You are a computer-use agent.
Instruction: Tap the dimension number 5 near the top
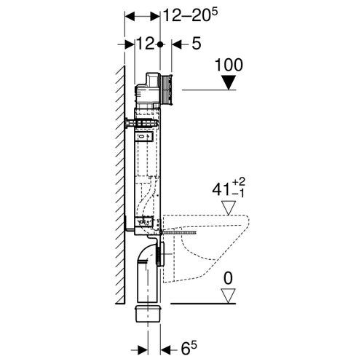[x=197, y=44]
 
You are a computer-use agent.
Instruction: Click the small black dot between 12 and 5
[x=160, y=44]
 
